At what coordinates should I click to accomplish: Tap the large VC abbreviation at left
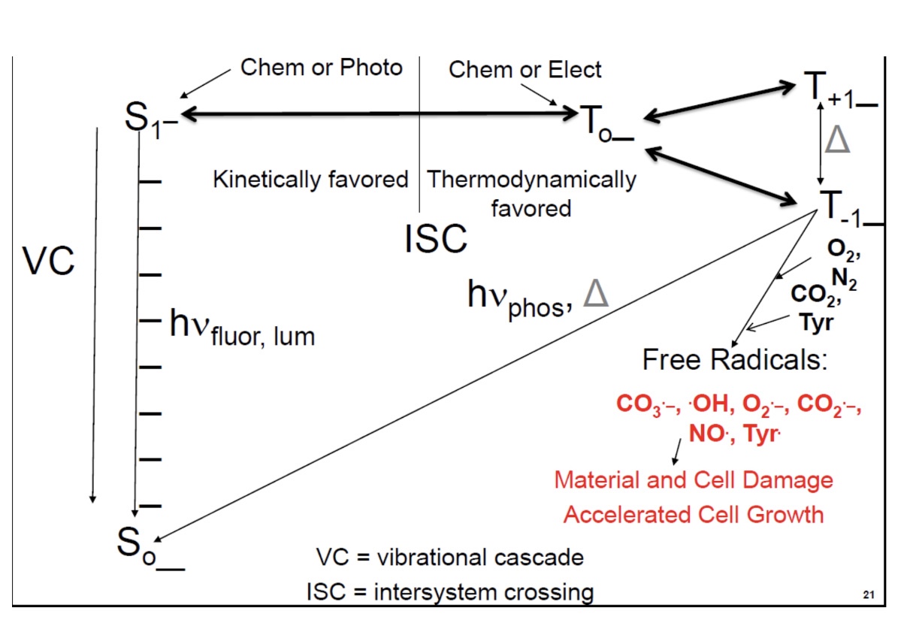[48, 261]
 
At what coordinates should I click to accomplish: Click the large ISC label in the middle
[436, 240]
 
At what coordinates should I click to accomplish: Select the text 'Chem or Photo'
[321, 68]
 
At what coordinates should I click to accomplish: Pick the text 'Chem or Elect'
[525, 70]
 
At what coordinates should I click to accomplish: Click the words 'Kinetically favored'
[310, 180]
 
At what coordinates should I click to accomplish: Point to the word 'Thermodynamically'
[531, 180]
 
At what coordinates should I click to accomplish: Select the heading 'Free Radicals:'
[734, 360]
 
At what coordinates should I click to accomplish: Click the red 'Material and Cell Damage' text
[693, 479]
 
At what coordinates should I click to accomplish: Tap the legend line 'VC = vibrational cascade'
[449, 558]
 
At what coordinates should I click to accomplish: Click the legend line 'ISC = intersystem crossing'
[449, 591]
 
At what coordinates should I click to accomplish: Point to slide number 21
[869, 596]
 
